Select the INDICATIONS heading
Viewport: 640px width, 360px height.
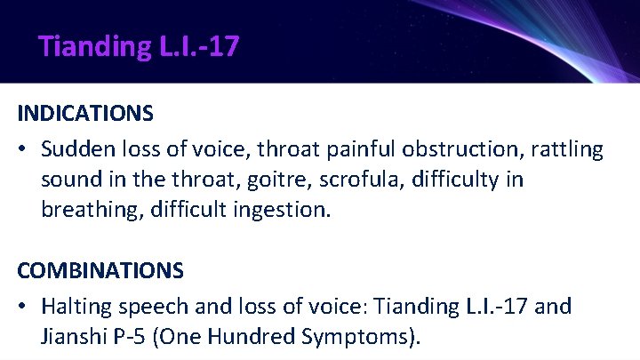85,114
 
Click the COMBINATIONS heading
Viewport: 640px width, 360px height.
100,269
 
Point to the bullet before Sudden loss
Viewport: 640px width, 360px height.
24,149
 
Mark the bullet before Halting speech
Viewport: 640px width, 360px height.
24,307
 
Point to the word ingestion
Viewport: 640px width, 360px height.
286,212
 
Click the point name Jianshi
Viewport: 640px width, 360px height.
73,338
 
